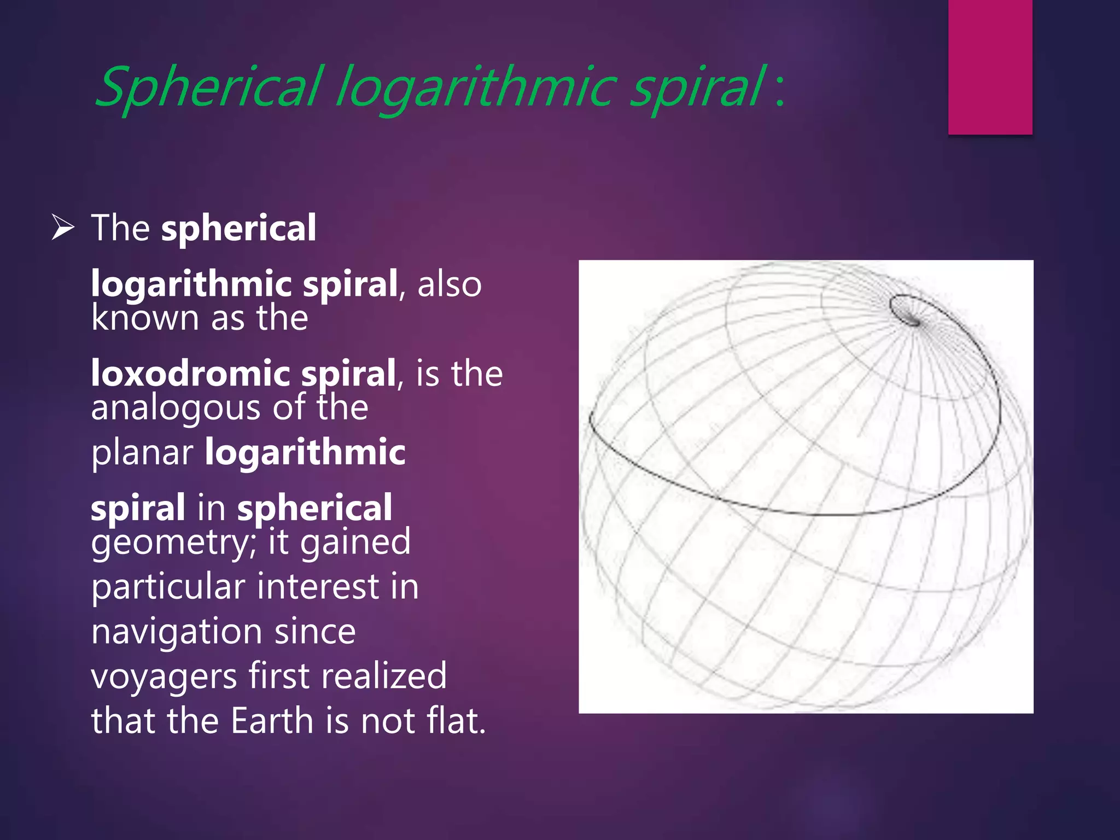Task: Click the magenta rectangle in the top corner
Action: point(990,66)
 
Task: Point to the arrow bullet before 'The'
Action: point(63,227)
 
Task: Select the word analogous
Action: point(176,409)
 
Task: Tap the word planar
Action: point(142,453)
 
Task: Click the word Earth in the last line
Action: point(272,721)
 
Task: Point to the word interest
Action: point(318,587)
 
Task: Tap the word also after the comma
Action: point(449,284)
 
